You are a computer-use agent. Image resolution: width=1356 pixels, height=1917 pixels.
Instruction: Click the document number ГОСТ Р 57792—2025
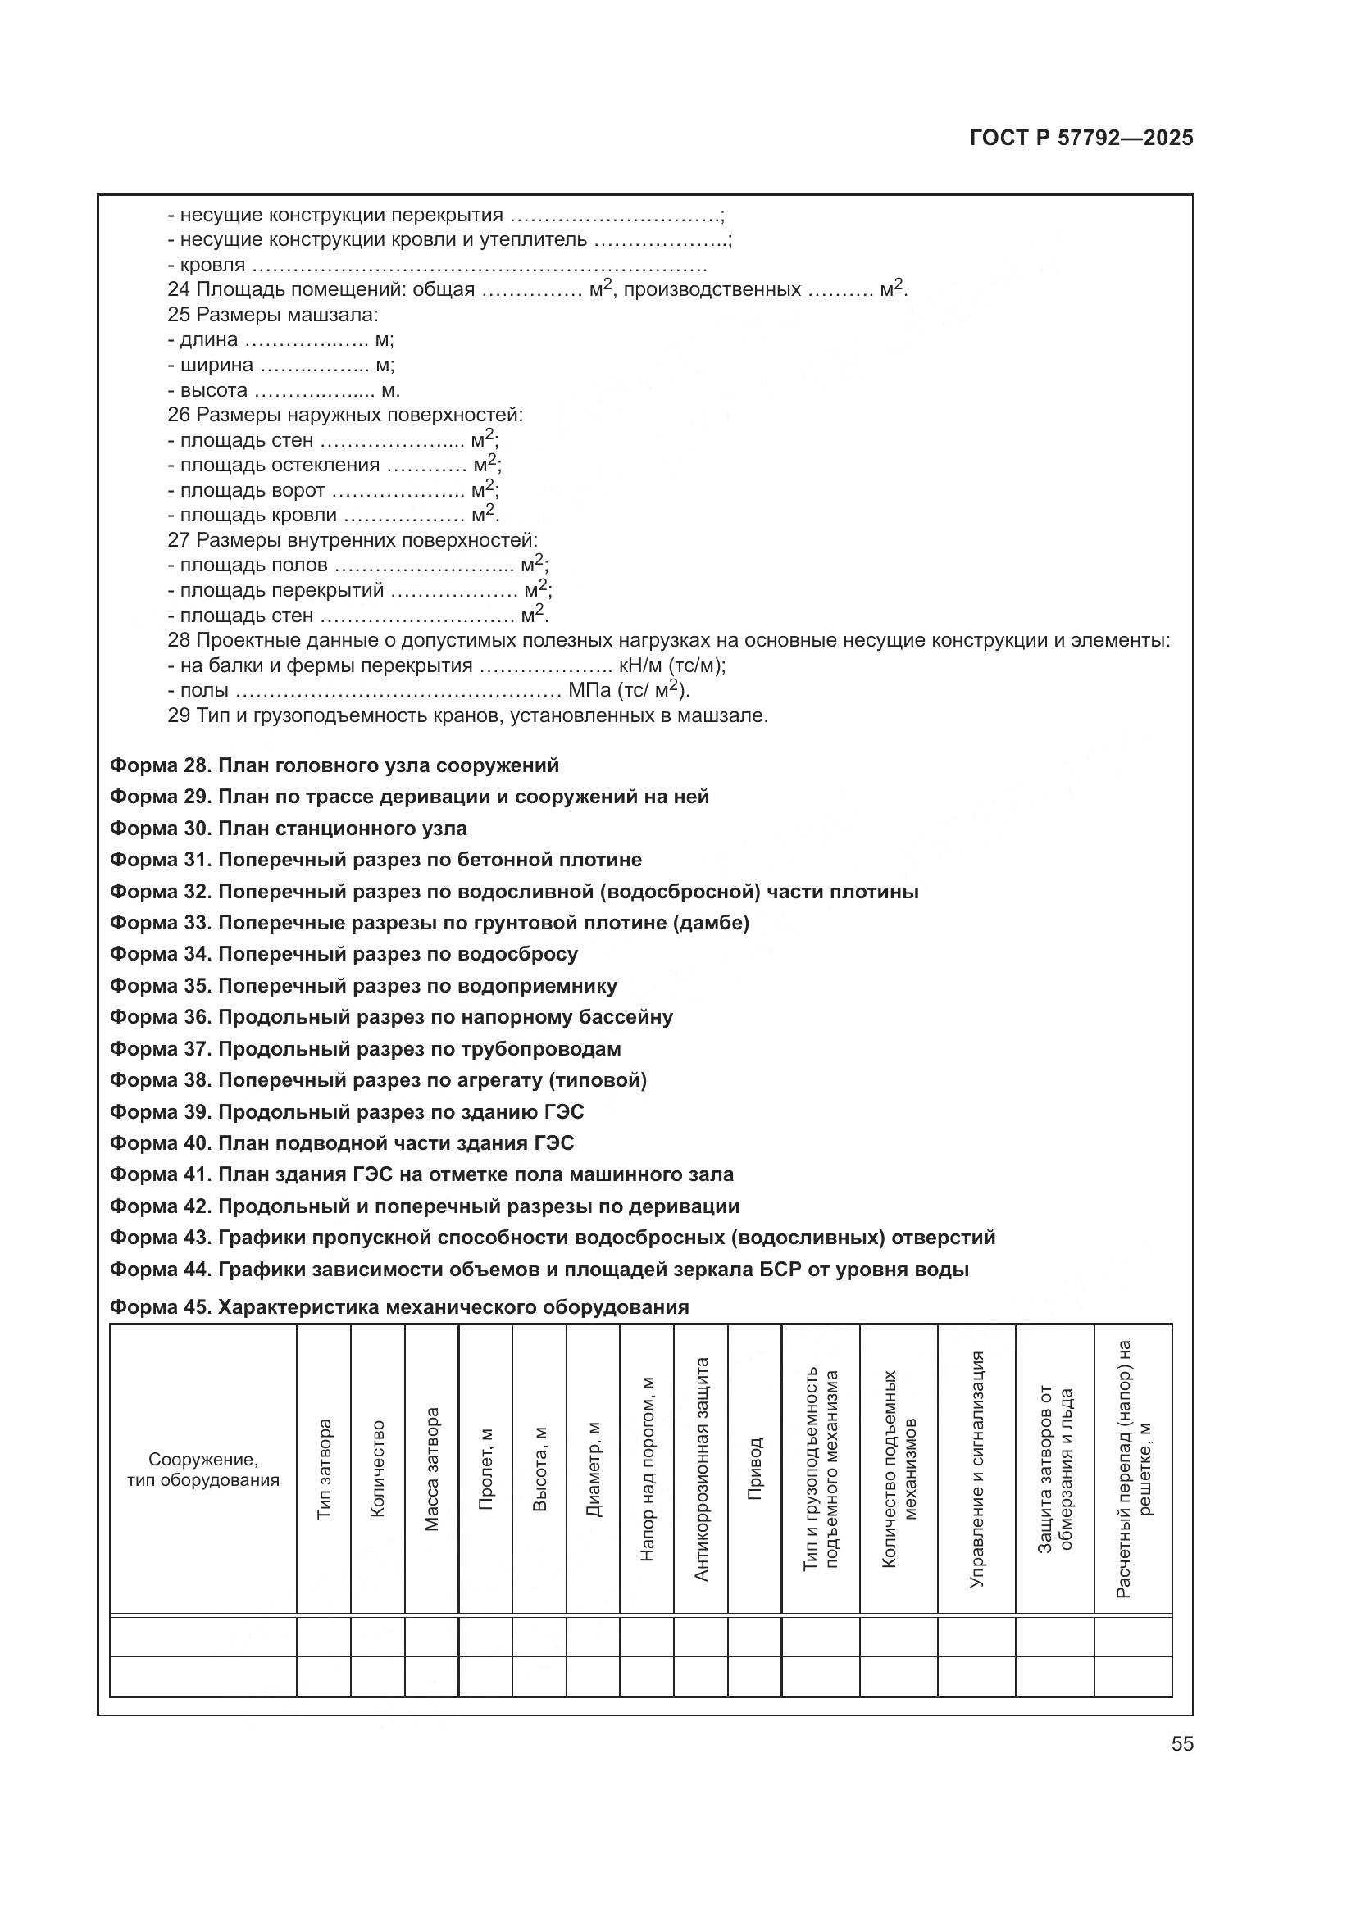pos(1081,139)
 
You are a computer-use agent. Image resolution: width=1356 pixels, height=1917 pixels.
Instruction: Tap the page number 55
pos(1181,1744)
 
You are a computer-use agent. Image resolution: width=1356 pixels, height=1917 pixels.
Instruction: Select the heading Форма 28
pos(334,765)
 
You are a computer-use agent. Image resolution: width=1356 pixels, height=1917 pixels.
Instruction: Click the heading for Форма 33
pos(429,923)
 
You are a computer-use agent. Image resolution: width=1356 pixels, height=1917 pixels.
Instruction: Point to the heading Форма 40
pos(342,1143)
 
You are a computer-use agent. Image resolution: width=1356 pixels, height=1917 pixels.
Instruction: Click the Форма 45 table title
pos(399,1307)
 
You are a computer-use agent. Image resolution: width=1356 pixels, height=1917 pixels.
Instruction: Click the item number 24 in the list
pos(178,289)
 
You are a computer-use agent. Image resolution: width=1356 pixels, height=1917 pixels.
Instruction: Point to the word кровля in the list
pos(213,266)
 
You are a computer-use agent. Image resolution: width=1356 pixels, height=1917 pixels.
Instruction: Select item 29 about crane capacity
pos(466,715)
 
